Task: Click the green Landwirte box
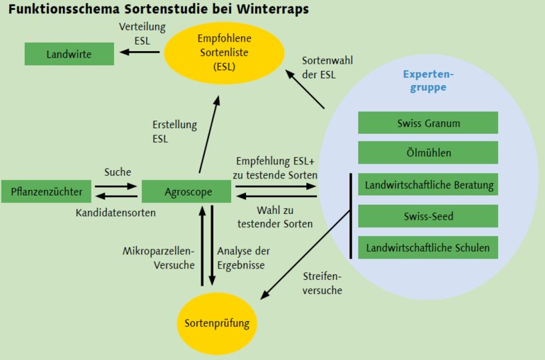(x=69, y=54)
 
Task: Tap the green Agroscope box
(x=186, y=191)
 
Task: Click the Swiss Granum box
(x=428, y=123)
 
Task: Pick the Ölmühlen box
(x=428, y=152)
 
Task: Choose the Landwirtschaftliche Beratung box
(x=428, y=185)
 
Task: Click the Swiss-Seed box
(x=428, y=215)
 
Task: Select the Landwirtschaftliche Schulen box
(x=428, y=247)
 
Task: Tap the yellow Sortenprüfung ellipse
(x=217, y=324)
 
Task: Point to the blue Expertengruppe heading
(x=427, y=81)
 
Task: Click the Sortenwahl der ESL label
(x=327, y=67)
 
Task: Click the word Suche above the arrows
(x=118, y=172)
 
